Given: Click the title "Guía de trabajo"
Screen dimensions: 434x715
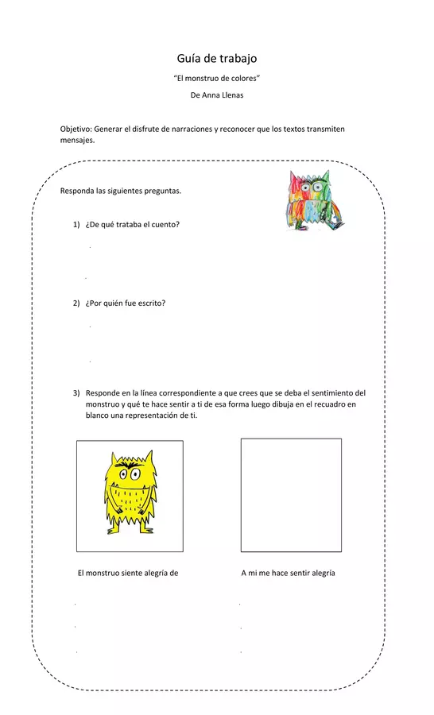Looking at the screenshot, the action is click(x=216, y=59).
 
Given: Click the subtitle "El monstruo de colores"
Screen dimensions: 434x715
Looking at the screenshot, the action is click(x=217, y=79).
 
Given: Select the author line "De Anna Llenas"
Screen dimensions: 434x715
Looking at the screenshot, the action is click(x=217, y=95).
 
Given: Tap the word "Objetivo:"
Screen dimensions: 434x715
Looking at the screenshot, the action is click(x=76, y=129).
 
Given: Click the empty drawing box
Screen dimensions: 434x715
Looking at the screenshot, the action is click(x=291, y=494).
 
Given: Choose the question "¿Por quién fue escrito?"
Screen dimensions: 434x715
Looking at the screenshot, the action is click(x=125, y=303).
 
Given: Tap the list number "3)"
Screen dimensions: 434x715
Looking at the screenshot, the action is click(x=77, y=392).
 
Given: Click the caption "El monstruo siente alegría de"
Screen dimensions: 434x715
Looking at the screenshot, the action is click(x=127, y=573).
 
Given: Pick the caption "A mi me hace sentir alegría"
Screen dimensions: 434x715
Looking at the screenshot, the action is click(x=288, y=573).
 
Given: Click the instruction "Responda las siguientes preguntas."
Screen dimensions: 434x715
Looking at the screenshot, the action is click(x=121, y=191).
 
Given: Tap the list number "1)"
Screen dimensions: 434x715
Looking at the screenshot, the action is click(x=77, y=225).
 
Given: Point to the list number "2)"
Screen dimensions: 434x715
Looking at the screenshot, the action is click(x=77, y=303).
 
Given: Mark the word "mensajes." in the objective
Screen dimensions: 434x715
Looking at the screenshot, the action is click(x=77, y=140).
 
